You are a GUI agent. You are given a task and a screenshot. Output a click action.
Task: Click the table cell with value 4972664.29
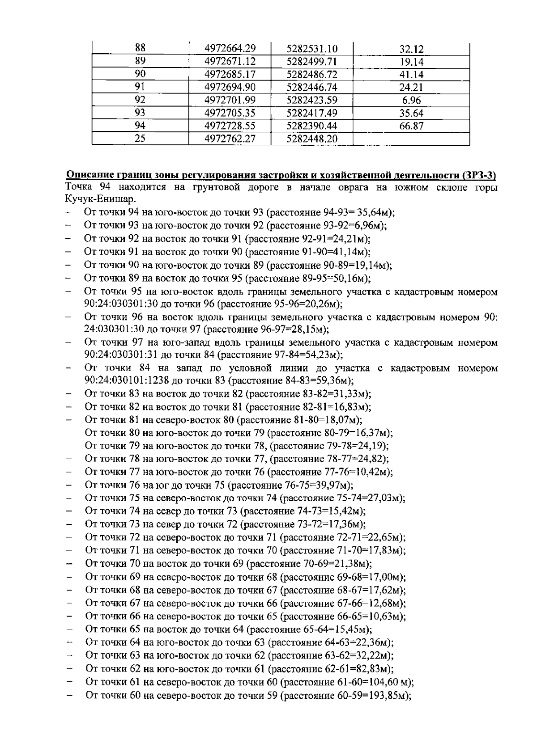[230, 48]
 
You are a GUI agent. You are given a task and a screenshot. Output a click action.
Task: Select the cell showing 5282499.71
[311, 61]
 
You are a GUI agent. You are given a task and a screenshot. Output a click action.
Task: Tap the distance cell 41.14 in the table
[411, 75]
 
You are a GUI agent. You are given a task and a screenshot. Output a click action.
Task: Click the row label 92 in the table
[140, 100]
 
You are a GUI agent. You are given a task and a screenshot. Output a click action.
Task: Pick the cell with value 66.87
[411, 126]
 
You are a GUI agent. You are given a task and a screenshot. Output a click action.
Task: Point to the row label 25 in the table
[140, 139]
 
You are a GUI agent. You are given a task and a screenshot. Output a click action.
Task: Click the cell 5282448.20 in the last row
[311, 139]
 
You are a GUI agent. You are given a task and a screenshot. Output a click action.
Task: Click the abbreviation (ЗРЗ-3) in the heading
[481, 174]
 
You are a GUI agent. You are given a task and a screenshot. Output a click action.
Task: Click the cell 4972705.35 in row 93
[230, 113]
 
